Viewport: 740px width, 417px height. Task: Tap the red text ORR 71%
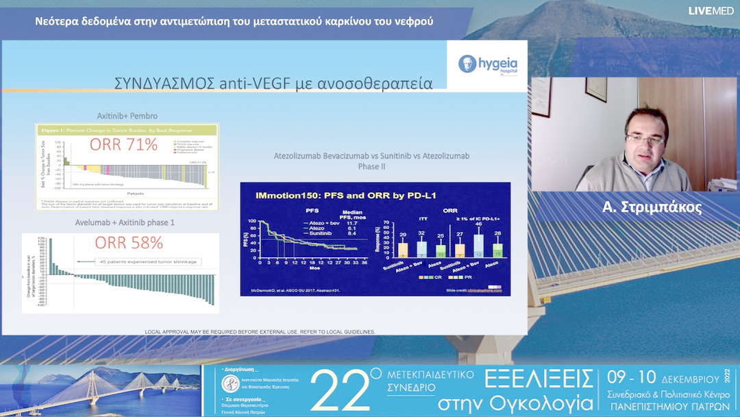(123, 145)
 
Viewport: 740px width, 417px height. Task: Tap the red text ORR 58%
(129, 243)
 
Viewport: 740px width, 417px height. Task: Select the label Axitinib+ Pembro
(127, 115)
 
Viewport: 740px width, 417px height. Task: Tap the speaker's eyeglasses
(644, 139)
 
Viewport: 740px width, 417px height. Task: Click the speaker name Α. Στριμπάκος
(651, 208)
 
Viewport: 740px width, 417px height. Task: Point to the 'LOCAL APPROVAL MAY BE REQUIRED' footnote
(260, 332)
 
